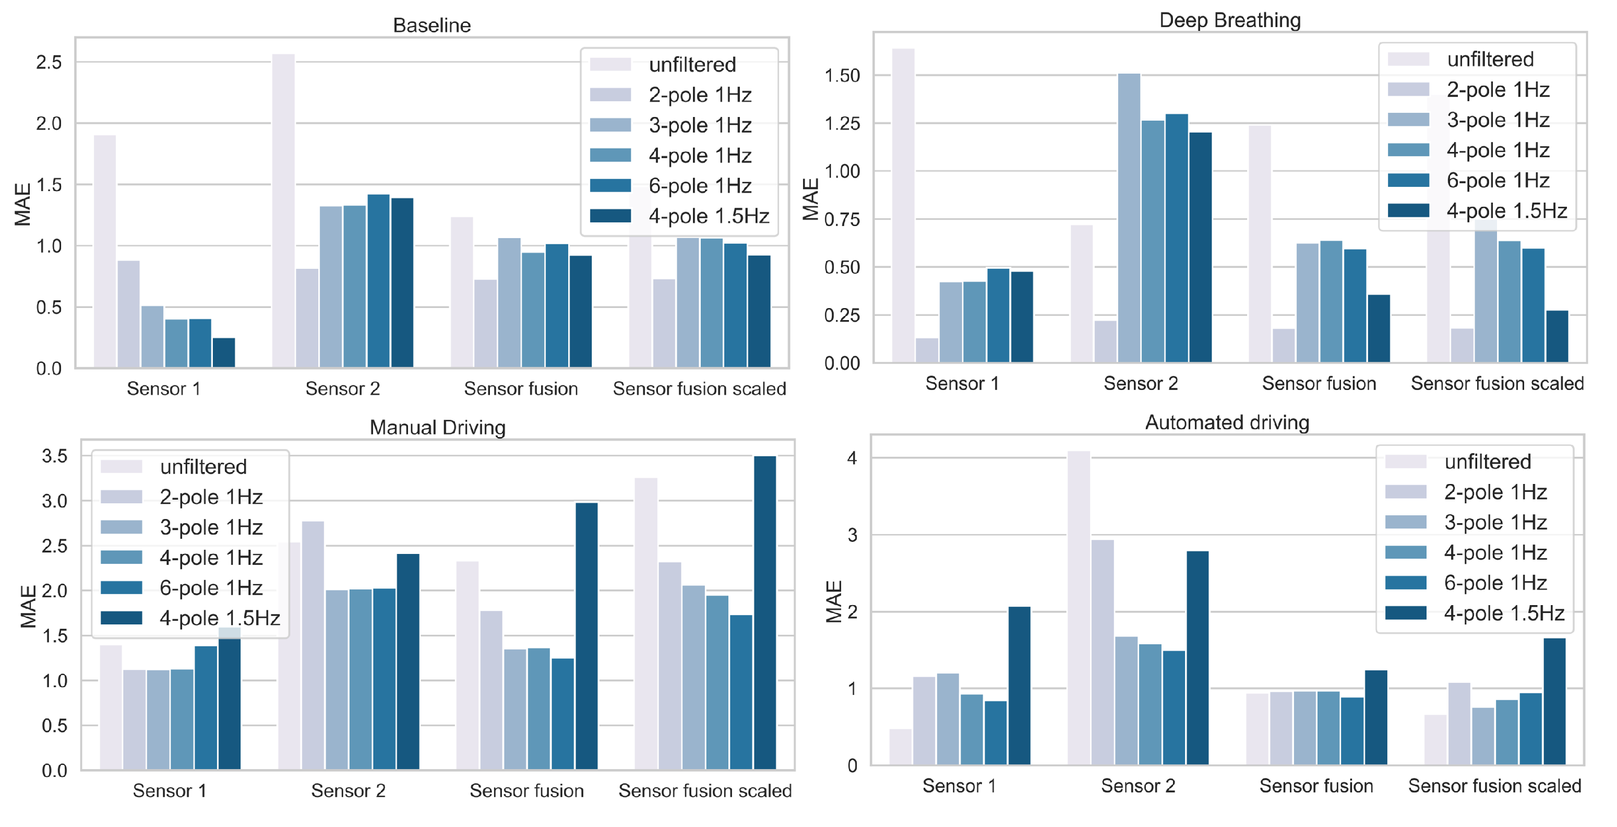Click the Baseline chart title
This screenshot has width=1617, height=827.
[432, 25]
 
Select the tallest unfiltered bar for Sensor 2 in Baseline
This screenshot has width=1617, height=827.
[283, 211]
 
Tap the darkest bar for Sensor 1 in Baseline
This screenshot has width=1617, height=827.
[224, 353]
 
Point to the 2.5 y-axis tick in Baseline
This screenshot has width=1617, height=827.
[49, 62]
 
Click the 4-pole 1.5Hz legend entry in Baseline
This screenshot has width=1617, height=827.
[680, 216]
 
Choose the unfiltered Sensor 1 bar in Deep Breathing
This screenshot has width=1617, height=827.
[903, 205]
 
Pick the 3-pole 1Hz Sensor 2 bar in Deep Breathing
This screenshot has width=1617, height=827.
[1129, 218]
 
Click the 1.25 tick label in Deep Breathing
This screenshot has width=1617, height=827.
[842, 124]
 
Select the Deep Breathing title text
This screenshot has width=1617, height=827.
[1230, 20]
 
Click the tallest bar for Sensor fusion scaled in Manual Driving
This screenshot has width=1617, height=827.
[765, 613]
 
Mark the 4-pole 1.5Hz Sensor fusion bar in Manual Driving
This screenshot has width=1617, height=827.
[587, 636]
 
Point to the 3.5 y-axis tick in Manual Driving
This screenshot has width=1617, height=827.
[55, 456]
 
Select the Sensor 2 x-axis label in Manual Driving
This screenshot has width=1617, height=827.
[349, 790]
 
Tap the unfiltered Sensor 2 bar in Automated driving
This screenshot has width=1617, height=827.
[1079, 608]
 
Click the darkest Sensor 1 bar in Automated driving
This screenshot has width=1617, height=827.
[1020, 686]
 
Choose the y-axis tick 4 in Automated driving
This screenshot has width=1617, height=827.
[852, 458]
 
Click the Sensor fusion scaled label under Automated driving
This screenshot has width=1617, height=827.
[1494, 786]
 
